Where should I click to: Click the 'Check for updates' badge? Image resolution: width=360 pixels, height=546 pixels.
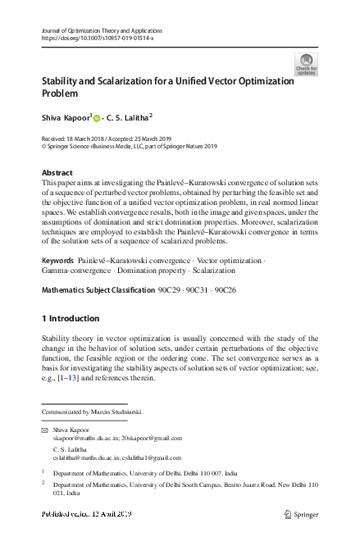point(306,64)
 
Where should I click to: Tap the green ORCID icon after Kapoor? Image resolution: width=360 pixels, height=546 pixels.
point(97,117)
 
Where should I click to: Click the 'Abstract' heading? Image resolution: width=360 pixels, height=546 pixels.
point(57,173)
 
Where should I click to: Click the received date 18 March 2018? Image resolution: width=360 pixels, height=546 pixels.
point(94,139)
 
